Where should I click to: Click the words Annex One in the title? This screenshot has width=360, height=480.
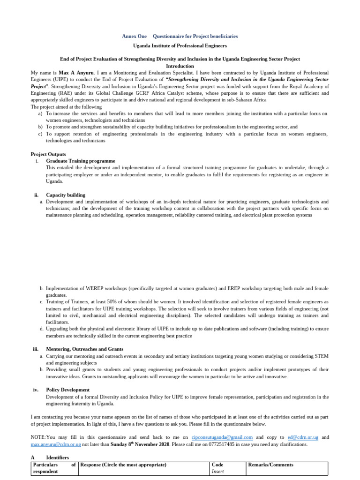coord(134,36)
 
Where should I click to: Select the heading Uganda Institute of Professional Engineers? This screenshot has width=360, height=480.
coord(180,46)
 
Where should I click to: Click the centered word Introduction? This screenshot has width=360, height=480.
coord(180,66)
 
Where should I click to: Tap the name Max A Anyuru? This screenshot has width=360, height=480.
coord(75,73)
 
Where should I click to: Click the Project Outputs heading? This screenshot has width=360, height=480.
coord(48,154)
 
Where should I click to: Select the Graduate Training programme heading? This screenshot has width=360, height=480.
coord(80,161)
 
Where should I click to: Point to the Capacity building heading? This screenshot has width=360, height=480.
coord(66,195)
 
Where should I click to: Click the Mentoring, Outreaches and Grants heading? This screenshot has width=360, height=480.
coord(84,349)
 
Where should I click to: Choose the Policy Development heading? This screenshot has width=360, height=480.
coord(67,390)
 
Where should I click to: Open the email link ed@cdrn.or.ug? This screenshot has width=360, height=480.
coord(303,437)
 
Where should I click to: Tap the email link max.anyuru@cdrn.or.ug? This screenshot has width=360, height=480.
coord(56,444)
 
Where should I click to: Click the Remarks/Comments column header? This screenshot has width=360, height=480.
coord(271,465)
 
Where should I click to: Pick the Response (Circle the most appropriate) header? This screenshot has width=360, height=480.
coord(123,465)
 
